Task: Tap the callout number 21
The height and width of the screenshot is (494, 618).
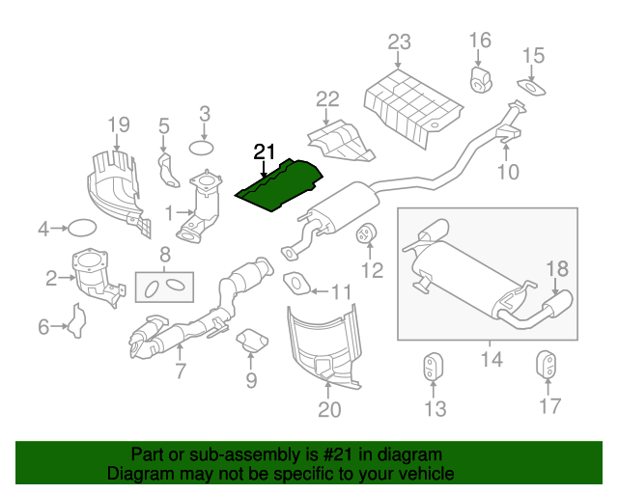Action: [x=265, y=151]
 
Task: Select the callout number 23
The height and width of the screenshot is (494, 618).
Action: [x=399, y=42]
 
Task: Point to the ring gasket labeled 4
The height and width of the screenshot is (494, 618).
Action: [x=82, y=229]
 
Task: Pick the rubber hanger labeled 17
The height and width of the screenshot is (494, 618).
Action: [x=548, y=368]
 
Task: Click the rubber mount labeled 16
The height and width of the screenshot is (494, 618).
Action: [x=481, y=77]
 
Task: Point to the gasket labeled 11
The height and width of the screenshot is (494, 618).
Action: [x=295, y=283]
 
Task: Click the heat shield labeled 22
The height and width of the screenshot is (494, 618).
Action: [x=338, y=138]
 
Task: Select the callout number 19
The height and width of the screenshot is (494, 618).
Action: [x=118, y=123]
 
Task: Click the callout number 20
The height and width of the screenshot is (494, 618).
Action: [x=329, y=411]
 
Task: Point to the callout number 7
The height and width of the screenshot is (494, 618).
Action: [x=180, y=370]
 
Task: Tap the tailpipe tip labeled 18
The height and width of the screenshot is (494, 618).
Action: [x=559, y=306]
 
